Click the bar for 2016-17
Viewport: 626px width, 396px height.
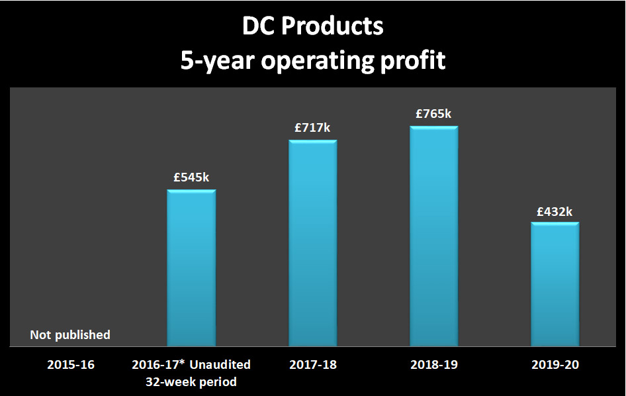point(191,268)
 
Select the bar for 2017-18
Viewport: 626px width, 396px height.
point(313,243)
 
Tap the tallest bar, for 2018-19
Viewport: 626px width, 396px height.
point(434,236)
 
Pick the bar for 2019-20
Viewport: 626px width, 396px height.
point(555,284)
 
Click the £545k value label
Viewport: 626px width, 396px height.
point(191,177)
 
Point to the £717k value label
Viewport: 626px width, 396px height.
point(312,128)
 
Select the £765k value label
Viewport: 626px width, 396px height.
point(433,114)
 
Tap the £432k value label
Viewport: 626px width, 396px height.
point(555,212)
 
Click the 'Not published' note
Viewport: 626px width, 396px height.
point(70,335)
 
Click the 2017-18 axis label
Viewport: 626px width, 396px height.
point(312,364)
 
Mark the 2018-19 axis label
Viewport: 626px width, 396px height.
point(433,364)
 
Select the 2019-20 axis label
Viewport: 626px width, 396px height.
point(555,364)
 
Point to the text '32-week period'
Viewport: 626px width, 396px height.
point(191,381)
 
